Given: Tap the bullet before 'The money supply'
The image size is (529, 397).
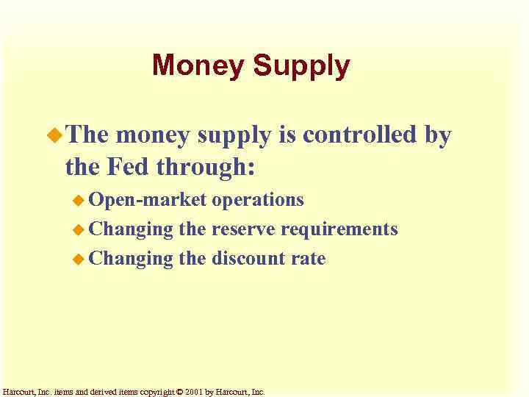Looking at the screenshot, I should [x=56, y=135].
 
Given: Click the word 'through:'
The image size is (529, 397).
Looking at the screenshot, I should [x=206, y=168].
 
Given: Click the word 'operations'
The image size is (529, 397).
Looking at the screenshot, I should [x=258, y=200].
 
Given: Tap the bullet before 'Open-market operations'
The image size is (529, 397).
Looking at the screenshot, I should [x=79, y=200].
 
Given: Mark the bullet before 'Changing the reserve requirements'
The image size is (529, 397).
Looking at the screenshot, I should [x=79, y=229].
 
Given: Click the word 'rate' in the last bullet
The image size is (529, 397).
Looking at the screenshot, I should [x=310, y=259].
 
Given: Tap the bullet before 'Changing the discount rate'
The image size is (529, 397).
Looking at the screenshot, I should [x=79, y=259].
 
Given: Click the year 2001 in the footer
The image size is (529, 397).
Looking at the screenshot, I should [x=195, y=392].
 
